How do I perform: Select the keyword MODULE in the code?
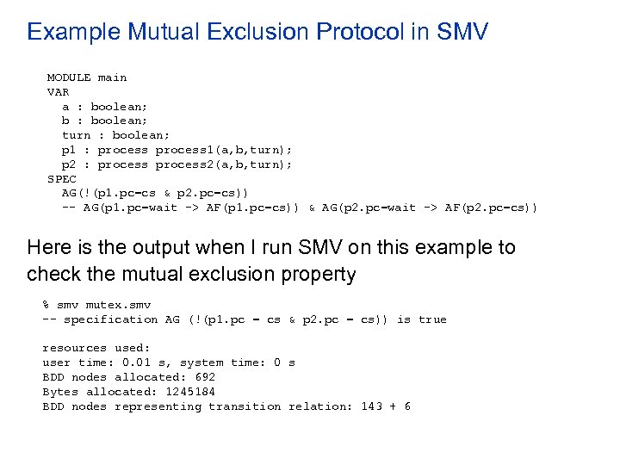tap(69, 77)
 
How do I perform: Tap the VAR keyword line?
tap(58, 92)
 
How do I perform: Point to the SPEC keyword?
tap(61, 178)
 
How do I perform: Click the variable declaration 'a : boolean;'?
tap(98, 107)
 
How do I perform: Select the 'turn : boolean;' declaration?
tap(116, 135)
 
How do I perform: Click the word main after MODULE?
tap(112, 77)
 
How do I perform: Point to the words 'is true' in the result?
tap(421, 319)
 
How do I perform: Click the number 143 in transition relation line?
tap(371, 406)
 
